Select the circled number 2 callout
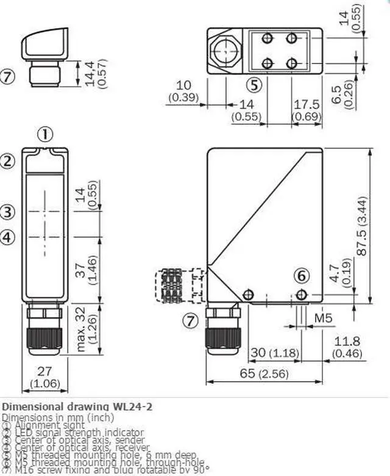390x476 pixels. [7, 161]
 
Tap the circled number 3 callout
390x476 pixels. [7, 212]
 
